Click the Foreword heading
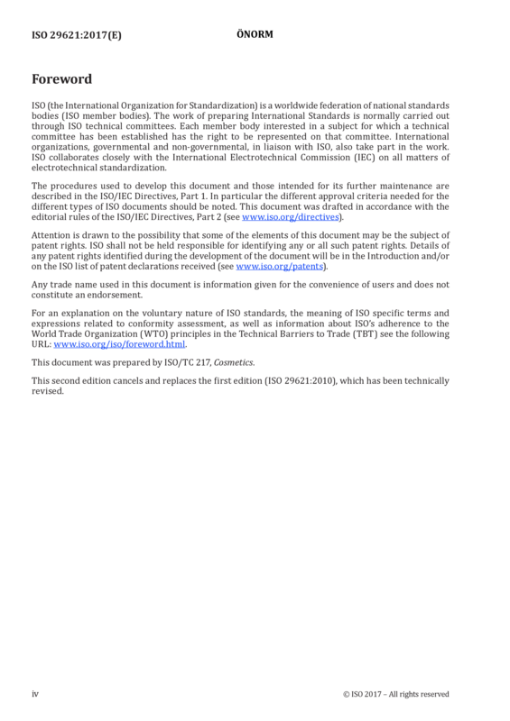pos(61,79)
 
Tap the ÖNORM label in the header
pos(255,34)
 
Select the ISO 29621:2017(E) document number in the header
pos(77,35)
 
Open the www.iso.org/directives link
pos(291,217)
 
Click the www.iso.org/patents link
pos(280,267)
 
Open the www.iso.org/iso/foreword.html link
pos(119,344)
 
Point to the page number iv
pos(35,694)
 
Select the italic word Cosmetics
pos(233,363)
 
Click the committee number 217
pos(203,363)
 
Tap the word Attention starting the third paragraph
pos(50,235)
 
